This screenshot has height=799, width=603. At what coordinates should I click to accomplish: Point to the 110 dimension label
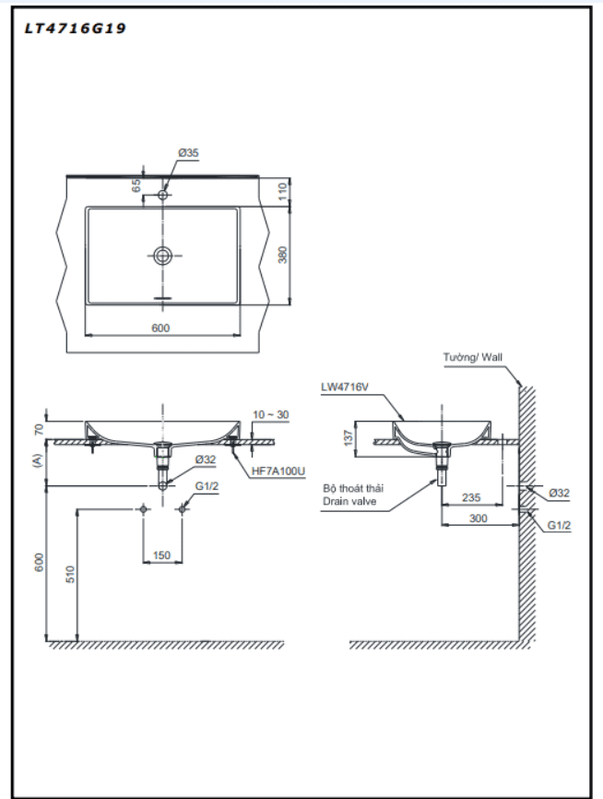[x=283, y=190]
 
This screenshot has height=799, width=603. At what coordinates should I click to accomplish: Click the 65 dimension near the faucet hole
[x=136, y=185]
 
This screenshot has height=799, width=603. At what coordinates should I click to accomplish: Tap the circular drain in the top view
[x=163, y=256]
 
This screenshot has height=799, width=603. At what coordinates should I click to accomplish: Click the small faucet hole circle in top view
[x=163, y=195]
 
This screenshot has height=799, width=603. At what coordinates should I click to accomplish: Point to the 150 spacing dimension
[x=162, y=555]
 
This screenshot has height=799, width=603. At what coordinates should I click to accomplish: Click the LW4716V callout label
[x=346, y=388]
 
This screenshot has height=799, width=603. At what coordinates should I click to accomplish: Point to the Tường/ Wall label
[x=473, y=357]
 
